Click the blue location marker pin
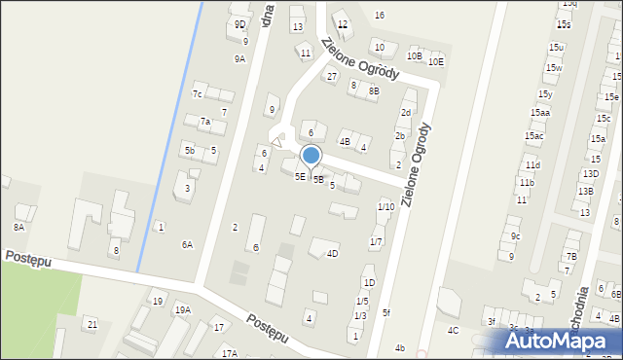tap(311, 156)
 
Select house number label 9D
tap(239, 24)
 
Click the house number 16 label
tap(380, 15)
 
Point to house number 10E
tap(436, 62)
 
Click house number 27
tap(332, 77)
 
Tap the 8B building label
tap(374, 90)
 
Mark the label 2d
tap(406, 113)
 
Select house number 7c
tap(197, 94)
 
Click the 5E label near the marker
tap(301, 176)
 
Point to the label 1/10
tap(386, 206)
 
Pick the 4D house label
tap(332, 254)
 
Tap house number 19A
tap(182, 310)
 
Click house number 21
tap(92, 324)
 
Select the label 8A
tap(18, 227)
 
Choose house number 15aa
tap(539, 113)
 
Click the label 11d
tap(531, 165)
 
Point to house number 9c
tap(516, 236)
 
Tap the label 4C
tap(454, 331)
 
